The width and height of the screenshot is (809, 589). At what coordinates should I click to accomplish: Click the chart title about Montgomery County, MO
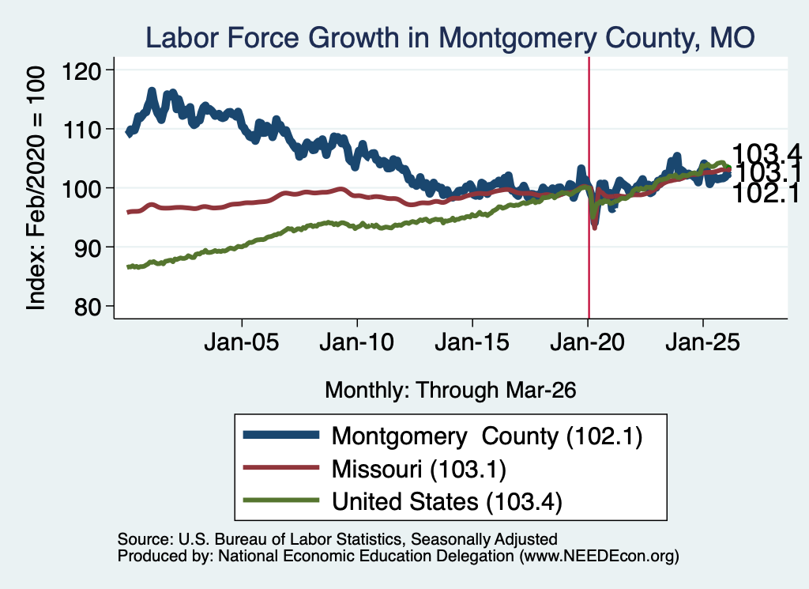click(x=450, y=38)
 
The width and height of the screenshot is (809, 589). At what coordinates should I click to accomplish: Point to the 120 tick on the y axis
click(x=81, y=70)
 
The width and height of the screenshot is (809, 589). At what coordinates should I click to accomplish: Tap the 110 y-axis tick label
click(x=81, y=130)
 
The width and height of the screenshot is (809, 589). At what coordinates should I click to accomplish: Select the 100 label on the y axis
click(x=81, y=188)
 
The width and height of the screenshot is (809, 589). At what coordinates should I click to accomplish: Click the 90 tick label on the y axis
click(x=87, y=247)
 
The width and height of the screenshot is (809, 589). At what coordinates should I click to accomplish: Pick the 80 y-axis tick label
click(x=87, y=307)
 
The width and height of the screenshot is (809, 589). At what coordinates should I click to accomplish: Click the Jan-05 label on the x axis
click(x=242, y=342)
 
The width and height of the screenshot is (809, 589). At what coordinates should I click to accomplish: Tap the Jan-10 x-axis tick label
click(x=357, y=342)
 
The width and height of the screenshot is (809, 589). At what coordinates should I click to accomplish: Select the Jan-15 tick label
click(x=472, y=342)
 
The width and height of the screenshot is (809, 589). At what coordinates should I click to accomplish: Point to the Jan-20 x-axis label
click(x=588, y=342)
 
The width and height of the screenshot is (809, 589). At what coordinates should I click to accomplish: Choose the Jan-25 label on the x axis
click(x=702, y=342)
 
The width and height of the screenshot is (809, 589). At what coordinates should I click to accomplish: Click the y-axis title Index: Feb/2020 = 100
click(x=36, y=188)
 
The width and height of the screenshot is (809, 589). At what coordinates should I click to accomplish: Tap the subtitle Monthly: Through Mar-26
click(x=450, y=390)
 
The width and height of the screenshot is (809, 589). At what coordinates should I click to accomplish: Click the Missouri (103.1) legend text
click(x=419, y=469)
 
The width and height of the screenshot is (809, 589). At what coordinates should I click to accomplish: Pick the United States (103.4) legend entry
click(x=447, y=501)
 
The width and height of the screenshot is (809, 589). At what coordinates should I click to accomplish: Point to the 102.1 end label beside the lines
click(x=766, y=194)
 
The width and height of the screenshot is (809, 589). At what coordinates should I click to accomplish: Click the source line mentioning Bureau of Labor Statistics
click(x=337, y=539)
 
